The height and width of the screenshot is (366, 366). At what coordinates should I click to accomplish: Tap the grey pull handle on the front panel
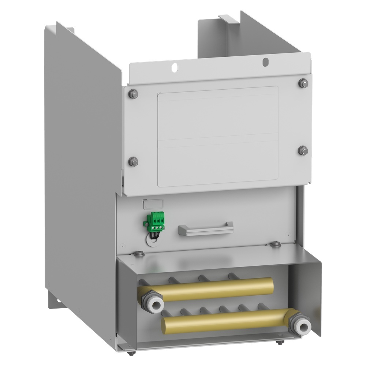pyautogui.click(x=206, y=229)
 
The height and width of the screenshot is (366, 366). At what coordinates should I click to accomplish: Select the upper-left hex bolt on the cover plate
pyautogui.click(x=133, y=94)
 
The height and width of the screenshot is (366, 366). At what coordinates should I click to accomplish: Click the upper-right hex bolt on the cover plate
pyautogui.click(x=303, y=83)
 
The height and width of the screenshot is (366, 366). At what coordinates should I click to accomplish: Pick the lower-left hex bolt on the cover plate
pyautogui.click(x=134, y=161)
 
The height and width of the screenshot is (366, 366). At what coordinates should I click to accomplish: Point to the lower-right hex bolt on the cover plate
pyautogui.click(x=303, y=150)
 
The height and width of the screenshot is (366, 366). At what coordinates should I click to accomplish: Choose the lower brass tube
pyautogui.click(x=227, y=319)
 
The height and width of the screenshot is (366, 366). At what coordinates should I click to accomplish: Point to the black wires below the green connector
pyautogui.click(x=156, y=236)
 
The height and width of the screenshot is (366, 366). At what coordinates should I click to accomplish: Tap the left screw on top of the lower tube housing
pyautogui.click(x=138, y=253)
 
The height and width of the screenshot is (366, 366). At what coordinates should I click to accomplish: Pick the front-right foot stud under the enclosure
pyautogui.click(x=280, y=343)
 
